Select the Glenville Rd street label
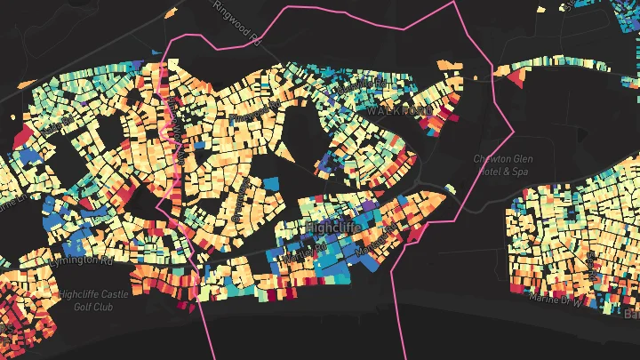coord(370,83)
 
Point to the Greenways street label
coord(239,204)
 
